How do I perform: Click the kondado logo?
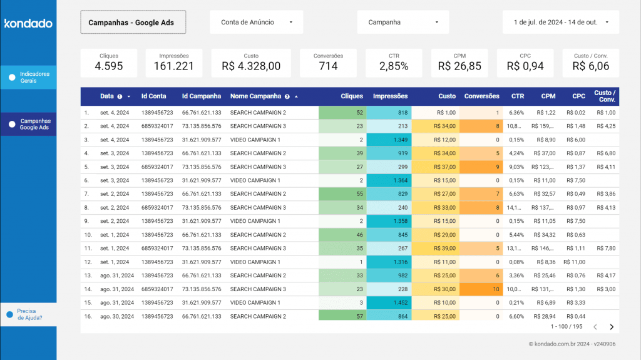click(x=28, y=24)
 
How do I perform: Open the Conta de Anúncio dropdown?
click(x=256, y=22)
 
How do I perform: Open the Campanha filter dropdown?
click(x=403, y=22)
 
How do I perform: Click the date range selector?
click(x=561, y=22)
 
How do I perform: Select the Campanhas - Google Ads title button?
click(x=133, y=22)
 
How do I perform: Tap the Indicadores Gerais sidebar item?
click(x=29, y=77)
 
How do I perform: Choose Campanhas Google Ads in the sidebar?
click(x=29, y=124)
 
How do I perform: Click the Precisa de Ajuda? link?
click(x=29, y=314)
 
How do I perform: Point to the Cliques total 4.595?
click(x=109, y=66)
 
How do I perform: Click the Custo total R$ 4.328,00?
click(x=251, y=66)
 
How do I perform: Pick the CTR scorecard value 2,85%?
click(x=394, y=66)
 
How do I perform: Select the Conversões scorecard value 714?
click(x=328, y=66)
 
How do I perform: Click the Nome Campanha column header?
click(x=256, y=96)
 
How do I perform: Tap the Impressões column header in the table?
click(x=390, y=96)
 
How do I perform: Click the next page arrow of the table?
click(x=612, y=327)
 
